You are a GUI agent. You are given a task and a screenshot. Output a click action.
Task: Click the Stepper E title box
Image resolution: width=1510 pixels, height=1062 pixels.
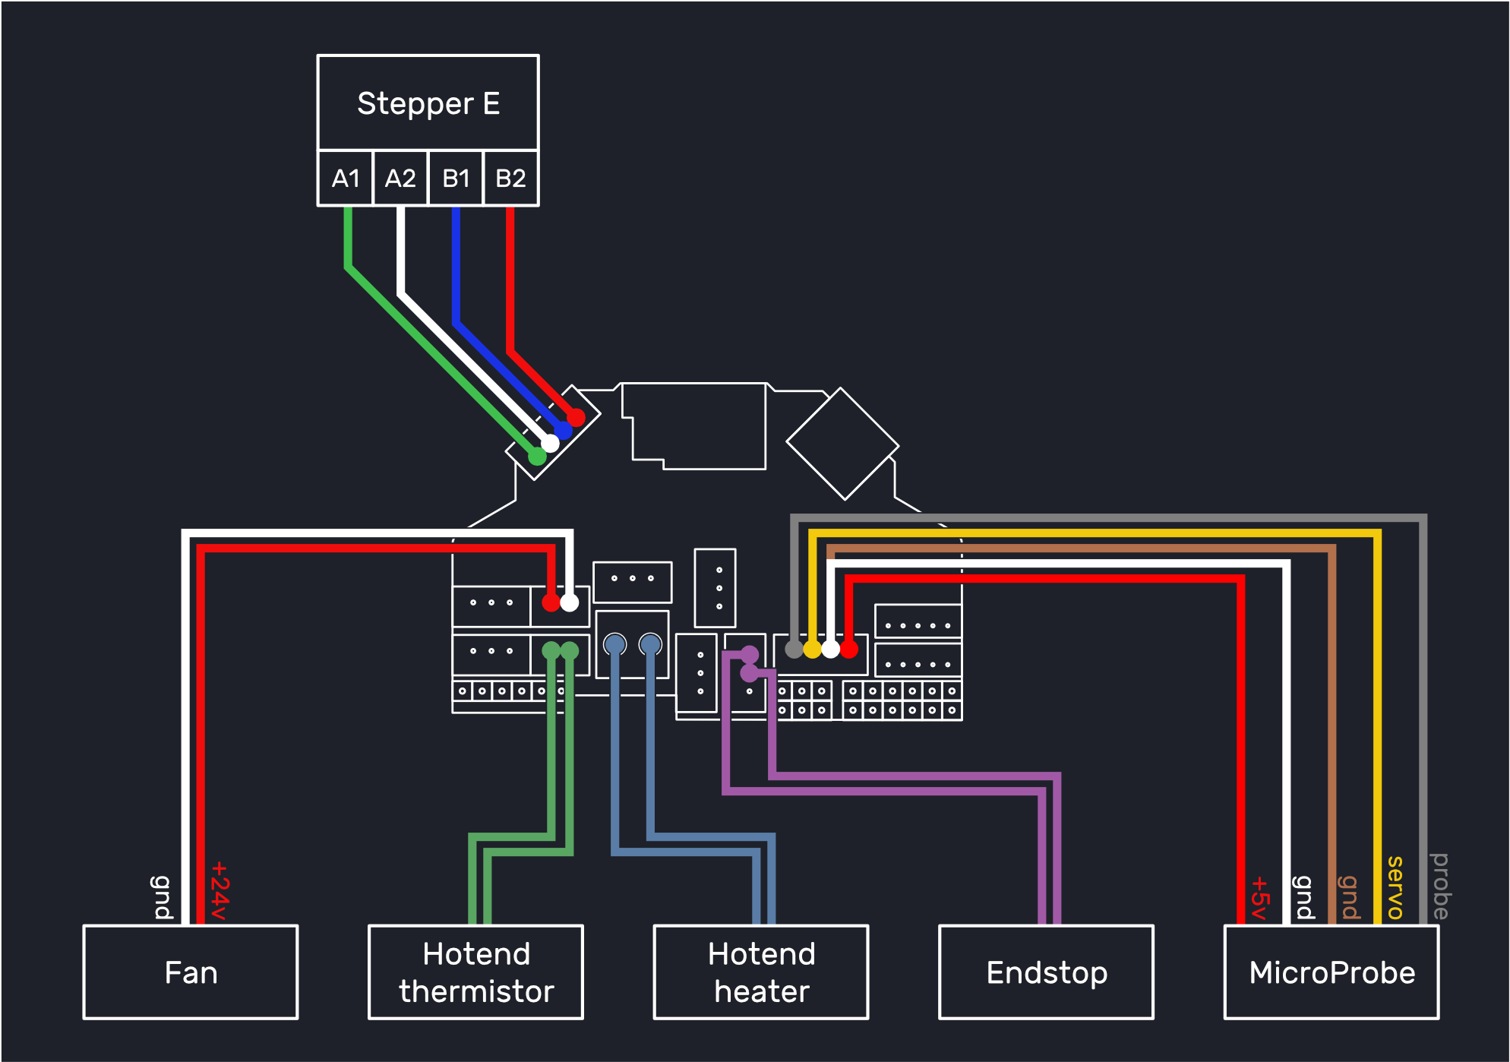pyautogui.click(x=428, y=103)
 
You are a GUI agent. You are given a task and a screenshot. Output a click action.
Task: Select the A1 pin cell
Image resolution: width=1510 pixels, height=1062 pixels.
pyautogui.click(x=346, y=178)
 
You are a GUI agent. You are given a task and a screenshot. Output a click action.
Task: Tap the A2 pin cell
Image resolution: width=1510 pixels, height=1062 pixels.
pyautogui.click(x=400, y=178)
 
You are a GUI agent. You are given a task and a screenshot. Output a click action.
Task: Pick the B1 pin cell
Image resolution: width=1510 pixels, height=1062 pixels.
pyautogui.click(x=456, y=178)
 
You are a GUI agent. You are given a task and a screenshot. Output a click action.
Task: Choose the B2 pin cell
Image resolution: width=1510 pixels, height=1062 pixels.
pyautogui.click(x=510, y=178)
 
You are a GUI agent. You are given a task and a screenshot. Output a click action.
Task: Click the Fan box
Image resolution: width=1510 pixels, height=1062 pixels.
pyautogui.click(x=191, y=972)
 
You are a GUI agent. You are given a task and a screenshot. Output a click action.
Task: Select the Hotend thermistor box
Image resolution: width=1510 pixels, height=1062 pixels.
pyautogui.click(x=476, y=972)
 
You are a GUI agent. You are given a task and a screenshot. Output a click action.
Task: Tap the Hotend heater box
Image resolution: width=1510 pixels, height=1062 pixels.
pyautogui.click(x=761, y=972)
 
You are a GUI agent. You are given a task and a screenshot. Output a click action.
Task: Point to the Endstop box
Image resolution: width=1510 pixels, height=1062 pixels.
pyautogui.click(x=1047, y=972)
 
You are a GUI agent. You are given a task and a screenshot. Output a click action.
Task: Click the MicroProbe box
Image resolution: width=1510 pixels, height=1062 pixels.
pyautogui.click(x=1332, y=972)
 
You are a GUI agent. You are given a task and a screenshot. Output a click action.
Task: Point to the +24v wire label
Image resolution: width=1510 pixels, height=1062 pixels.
pyautogui.click(x=220, y=890)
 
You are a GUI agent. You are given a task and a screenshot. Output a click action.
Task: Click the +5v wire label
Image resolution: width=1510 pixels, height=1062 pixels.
pyautogui.click(x=1260, y=897)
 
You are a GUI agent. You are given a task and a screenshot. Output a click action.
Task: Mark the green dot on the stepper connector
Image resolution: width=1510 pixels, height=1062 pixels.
pyautogui.click(x=537, y=456)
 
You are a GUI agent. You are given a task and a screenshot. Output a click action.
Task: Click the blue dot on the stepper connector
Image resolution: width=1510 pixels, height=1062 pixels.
pyautogui.click(x=563, y=430)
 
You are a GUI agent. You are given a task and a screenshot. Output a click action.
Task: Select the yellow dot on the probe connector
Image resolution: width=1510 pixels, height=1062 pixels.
pyautogui.click(x=812, y=649)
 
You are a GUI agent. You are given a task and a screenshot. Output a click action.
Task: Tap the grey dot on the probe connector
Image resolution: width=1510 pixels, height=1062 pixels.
pyautogui.click(x=794, y=649)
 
